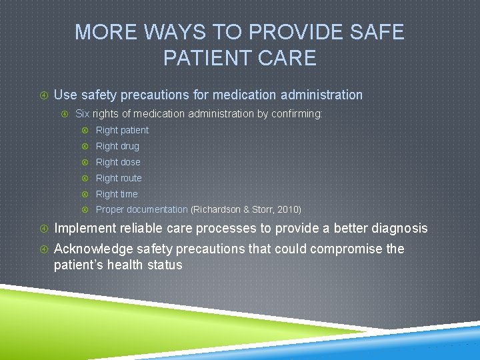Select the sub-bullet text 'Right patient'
(x=122, y=130)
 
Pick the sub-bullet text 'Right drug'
(x=117, y=146)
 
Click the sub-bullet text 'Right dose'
(x=118, y=162)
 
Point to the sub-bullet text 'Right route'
(x=119, y=178)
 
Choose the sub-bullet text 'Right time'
(x=117, y=194)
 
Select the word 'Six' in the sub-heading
(x=83, y=114)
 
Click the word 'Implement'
(x=85, y=229)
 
